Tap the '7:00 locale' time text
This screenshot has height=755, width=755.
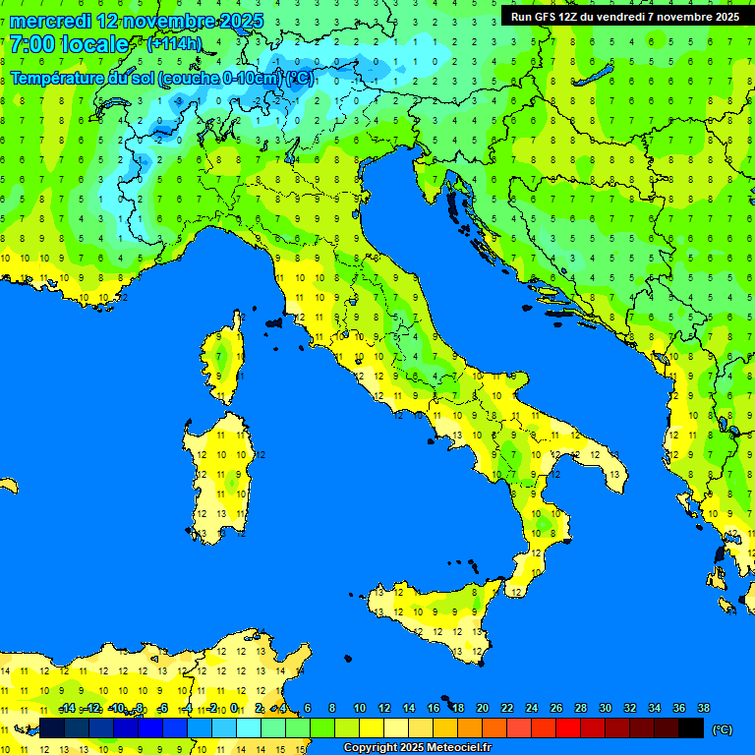pos(69,44)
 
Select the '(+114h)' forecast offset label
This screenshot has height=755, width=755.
pos(174,44)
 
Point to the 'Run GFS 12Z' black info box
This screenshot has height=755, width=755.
pos(625,16)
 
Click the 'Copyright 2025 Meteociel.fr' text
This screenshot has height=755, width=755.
pos(417,748)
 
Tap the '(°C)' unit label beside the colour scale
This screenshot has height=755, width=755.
pos(722,729)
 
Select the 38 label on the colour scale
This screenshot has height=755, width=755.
pos(703,709)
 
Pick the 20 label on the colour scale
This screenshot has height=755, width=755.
pos(482,709)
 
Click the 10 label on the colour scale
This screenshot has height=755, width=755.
pos(360,709)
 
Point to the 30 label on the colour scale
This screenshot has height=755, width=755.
pos(605,709)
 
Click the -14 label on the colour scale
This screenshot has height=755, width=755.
pos(67,709)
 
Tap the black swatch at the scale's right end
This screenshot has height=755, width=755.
pos(691,727)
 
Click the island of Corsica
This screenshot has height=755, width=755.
pos(225,359)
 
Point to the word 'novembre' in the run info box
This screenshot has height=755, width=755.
pos(669,16)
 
